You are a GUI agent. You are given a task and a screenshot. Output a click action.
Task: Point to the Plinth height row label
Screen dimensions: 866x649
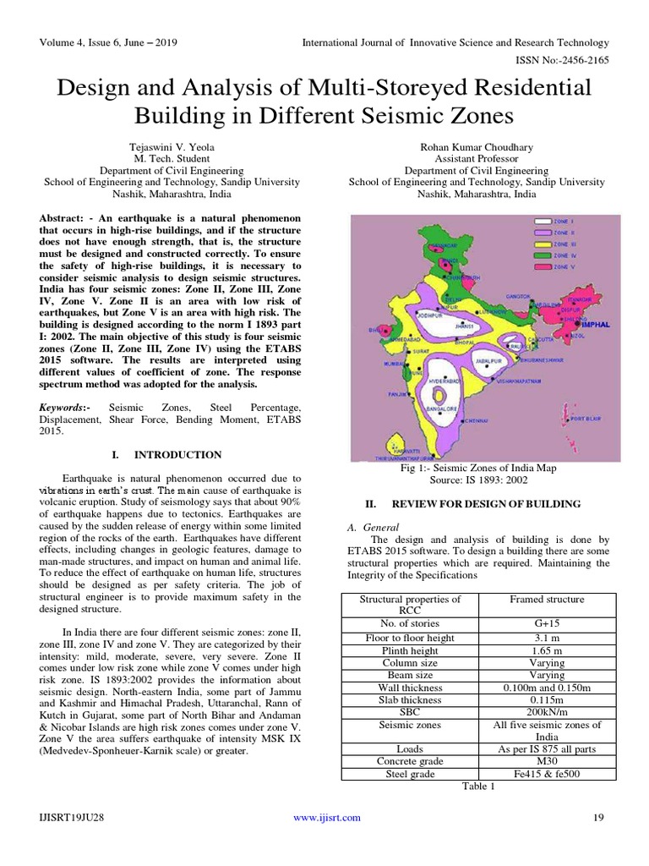[x=411, y=649]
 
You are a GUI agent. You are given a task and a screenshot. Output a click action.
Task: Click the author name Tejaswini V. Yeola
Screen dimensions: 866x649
[x=172, y=145]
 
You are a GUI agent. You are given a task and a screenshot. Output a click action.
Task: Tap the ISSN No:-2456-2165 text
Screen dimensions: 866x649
[x=564, y=59]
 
